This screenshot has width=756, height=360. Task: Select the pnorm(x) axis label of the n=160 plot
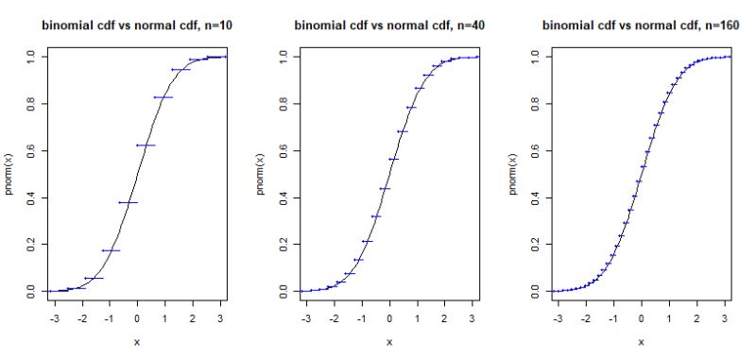tap(512, 174)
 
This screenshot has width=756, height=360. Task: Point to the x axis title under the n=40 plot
tap(388, 342)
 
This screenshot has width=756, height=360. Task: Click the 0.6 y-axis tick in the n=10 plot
tap(30, 150)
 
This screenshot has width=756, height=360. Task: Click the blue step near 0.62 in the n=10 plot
tap(146, 145)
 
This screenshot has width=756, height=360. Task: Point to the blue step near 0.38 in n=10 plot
tap(128, 202)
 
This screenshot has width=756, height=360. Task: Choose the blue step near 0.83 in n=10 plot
tap(163, 97)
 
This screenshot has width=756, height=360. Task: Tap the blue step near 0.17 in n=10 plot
tap(111, 250)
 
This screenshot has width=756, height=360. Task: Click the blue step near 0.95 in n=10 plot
tap(180, 69)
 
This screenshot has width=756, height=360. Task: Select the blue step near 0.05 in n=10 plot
tap(94, 278)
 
